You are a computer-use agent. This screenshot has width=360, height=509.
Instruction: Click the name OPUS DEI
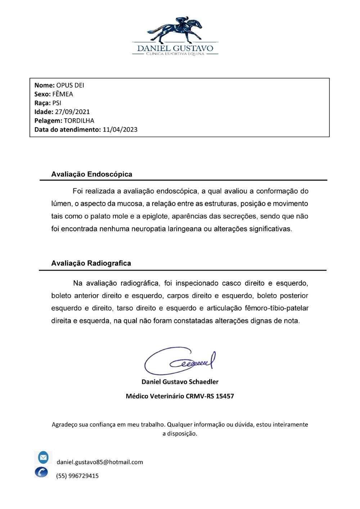click(70, 85)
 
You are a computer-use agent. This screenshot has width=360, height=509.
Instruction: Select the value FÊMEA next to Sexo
click(63, 94)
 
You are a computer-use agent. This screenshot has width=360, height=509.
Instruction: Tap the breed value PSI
click(57, 103)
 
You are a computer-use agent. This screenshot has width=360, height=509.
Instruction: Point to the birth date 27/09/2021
click(72, 112)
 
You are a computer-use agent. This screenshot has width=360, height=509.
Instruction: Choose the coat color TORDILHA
click(79, 121)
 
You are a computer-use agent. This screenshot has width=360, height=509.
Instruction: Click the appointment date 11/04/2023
click(120, 129)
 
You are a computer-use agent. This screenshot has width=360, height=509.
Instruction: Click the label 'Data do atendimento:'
click(67, 129)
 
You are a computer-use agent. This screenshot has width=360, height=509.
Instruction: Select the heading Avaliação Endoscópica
click(91, 174)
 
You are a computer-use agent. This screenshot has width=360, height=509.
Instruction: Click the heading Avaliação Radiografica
click(91, 263)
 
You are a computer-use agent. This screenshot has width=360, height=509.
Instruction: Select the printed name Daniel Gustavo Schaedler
click(180, 382)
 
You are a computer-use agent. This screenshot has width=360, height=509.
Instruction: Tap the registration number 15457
click(225, 396)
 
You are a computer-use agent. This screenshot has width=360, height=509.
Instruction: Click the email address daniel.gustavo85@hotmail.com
click(100, 462)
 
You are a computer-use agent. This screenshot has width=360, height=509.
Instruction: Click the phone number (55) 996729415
click(77, 476)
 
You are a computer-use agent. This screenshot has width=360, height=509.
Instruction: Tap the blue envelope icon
click(43, 458)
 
